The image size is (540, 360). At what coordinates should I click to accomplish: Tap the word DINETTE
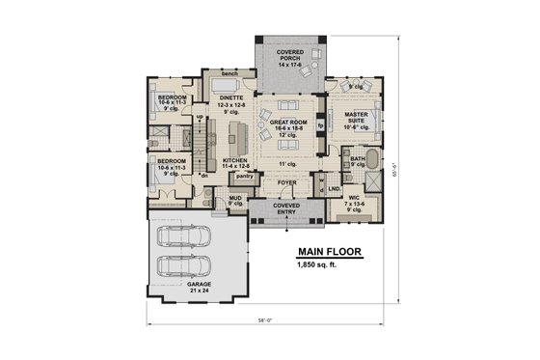229,97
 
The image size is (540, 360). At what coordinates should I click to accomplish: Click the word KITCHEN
236,161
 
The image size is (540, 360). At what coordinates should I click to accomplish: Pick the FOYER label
287,180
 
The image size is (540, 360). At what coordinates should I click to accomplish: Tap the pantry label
244,177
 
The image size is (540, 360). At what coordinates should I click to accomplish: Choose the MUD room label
234,199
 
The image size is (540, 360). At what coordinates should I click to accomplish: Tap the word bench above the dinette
229,73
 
